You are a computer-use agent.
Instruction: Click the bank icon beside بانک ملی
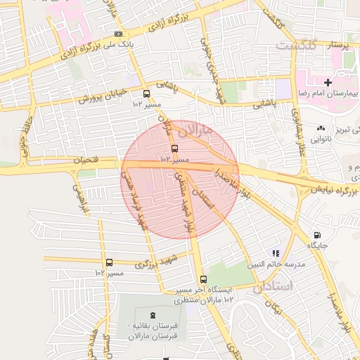click(x=118, y=33)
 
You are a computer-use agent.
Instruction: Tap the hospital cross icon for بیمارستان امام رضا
click(x=327, y=83)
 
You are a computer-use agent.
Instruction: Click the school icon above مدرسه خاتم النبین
click(x=276, y=252)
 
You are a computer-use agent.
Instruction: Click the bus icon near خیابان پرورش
click(x=146, y=94)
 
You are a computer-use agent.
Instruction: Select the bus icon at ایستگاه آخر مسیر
click(x=202, y=279)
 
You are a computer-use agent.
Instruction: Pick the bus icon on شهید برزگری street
click(x=108, y=262)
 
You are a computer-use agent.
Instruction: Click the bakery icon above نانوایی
click(x=321, y=129)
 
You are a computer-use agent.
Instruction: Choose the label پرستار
click(x=335, y=45)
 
